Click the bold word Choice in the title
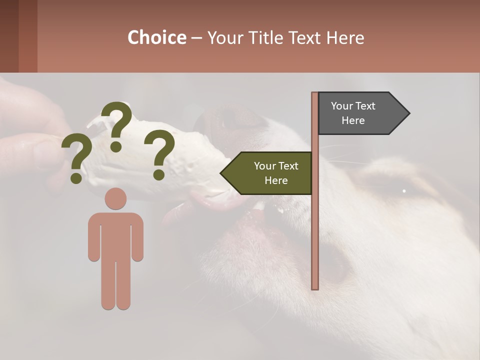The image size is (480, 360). click(x=156, y=37)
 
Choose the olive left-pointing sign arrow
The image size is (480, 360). click(x=267, y=173)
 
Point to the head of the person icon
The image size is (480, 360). click(x=115, y=198)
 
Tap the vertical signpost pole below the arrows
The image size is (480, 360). click(x=315, y=240)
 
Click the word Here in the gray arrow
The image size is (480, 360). click(x=353, y=120)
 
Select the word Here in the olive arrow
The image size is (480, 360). click(x=276, y=180)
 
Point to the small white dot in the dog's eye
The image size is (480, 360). click(x=404, y=190)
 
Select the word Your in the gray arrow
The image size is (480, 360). click(x=342, y=106)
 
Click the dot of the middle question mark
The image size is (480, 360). click(x=116, y=146)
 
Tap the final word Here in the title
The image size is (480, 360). click(x=345, y=37)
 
